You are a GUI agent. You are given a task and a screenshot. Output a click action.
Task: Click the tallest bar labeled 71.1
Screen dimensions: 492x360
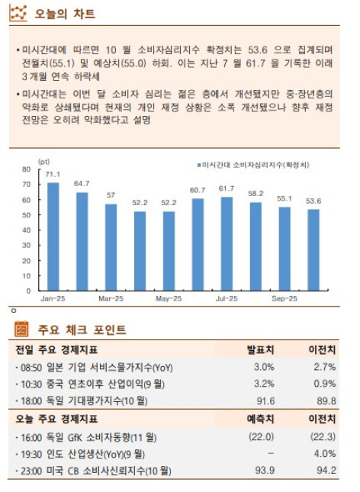[53, 236]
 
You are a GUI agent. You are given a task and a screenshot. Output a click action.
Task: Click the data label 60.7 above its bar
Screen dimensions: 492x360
[198, 190]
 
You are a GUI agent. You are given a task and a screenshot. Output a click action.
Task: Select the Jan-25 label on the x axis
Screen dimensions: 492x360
[53, 298]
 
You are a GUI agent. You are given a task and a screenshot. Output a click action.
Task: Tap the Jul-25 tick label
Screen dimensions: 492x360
[227, 298]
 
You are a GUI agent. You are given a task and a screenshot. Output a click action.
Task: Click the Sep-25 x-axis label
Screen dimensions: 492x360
[284, 298]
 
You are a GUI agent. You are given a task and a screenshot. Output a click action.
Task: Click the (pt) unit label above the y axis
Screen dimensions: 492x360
[43, 161]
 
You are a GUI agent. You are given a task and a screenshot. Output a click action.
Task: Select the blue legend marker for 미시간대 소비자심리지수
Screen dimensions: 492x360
[199, 165]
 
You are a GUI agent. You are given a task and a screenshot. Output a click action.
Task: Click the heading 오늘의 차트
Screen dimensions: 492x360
[56, 14]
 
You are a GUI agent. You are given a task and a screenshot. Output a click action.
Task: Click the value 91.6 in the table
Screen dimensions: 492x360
[264, 400]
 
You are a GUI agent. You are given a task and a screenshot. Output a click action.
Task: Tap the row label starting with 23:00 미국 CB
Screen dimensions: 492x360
[94, 471]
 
